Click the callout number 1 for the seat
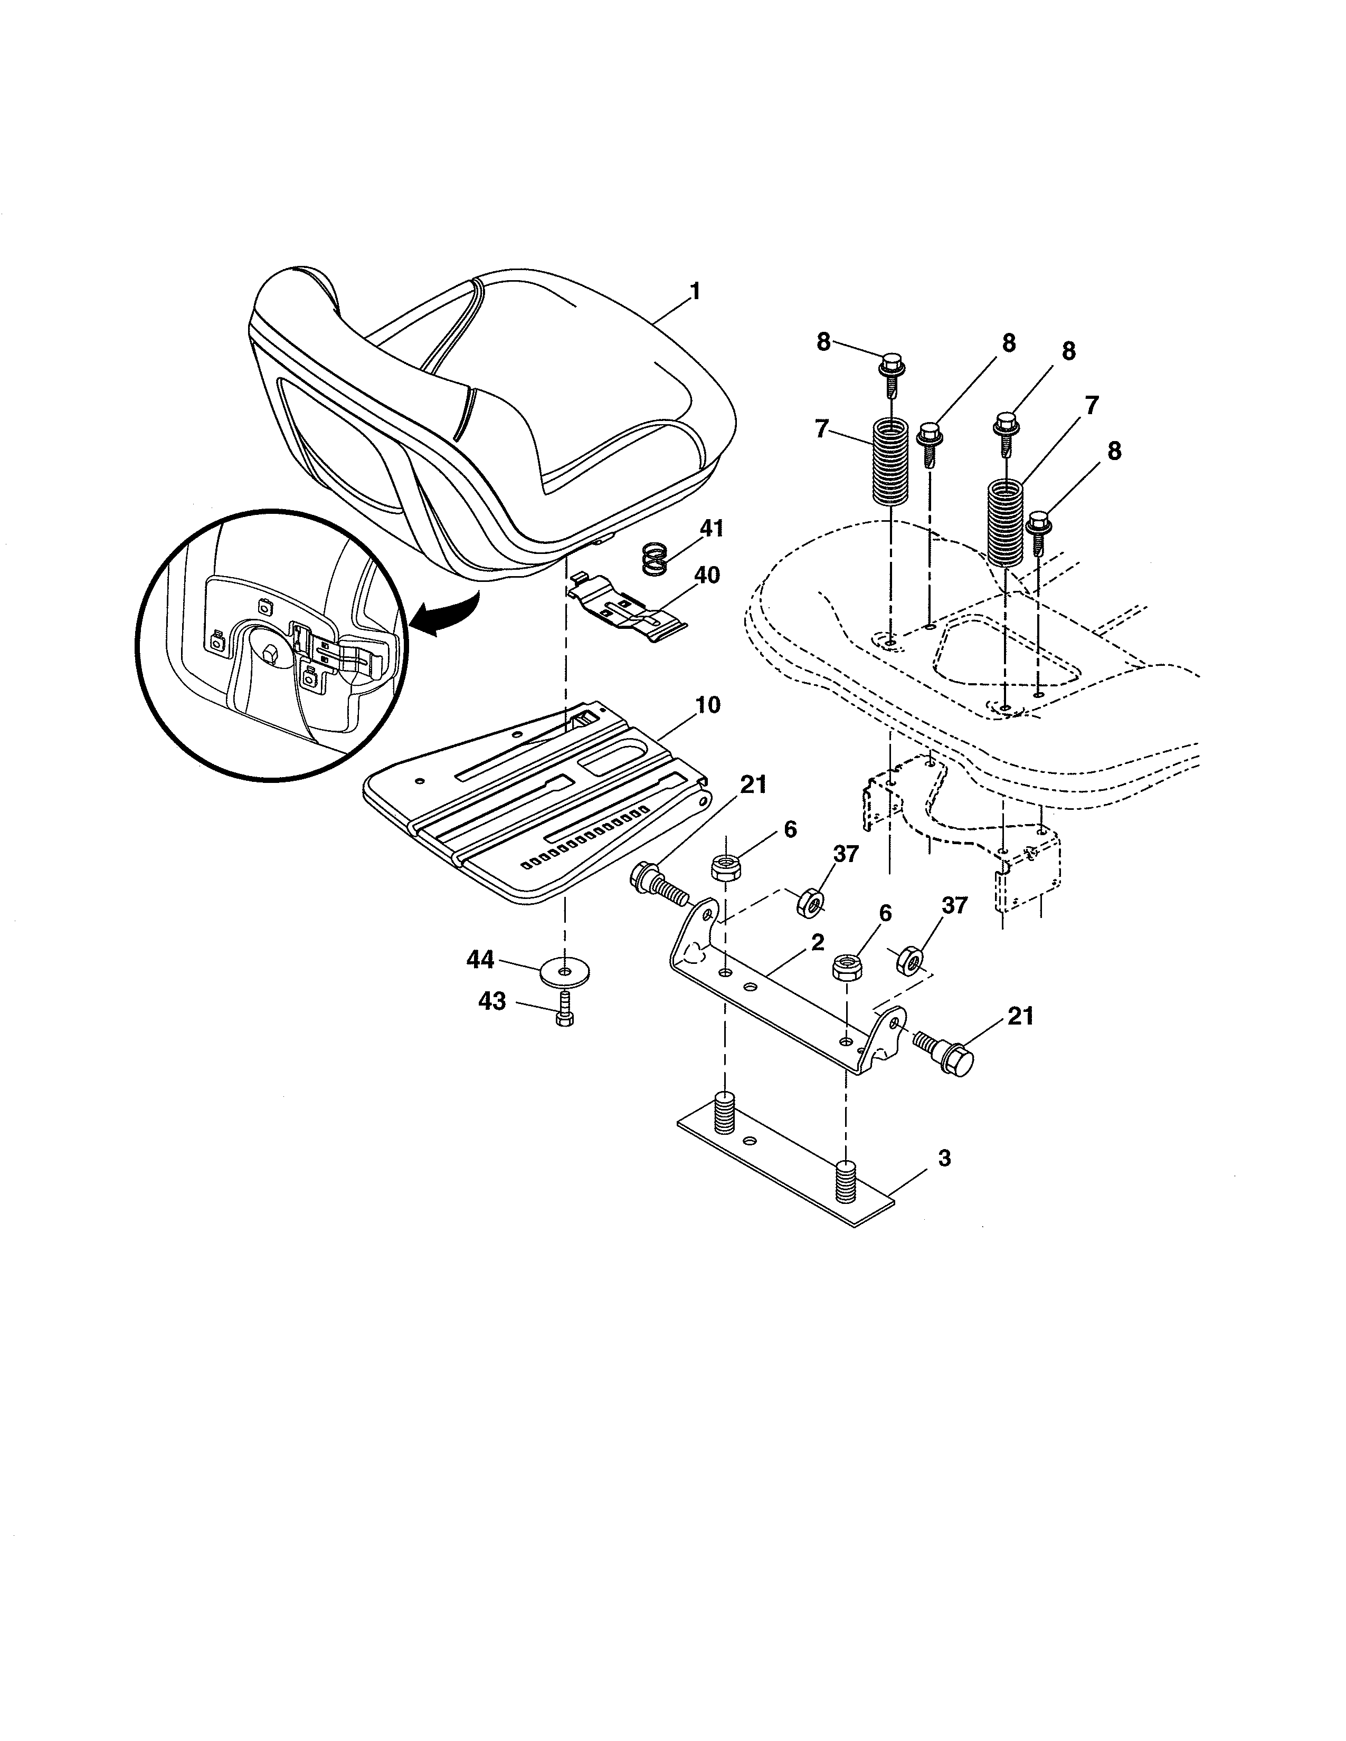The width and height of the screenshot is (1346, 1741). click(695, 292)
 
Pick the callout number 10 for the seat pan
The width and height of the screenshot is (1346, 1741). click(707, 705)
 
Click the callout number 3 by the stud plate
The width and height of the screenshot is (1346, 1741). click(944, 1158)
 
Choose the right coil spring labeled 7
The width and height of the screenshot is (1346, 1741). click(1004, 522)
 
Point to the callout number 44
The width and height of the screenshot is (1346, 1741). click(480, 960)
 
